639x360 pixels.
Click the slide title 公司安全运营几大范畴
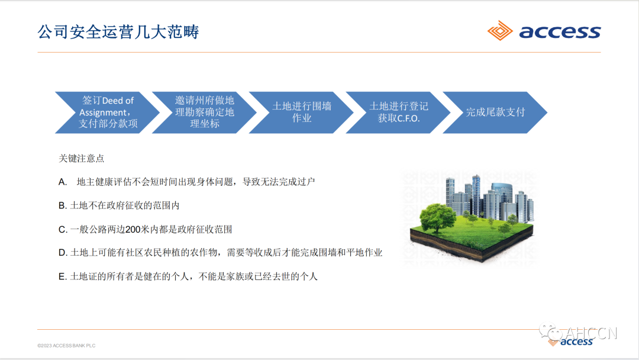click(x=118, y=31)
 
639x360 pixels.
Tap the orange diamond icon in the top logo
click(x=500, y=31)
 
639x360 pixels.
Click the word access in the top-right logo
click(x=560, y=32)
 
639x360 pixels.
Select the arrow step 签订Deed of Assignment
click(x=106, y=112)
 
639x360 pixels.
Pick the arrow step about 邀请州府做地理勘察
click(x=204, y=112)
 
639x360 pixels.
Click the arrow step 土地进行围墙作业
click(x=301, y=112)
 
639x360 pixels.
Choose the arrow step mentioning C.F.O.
click(x=398, y=112)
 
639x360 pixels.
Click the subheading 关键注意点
click(x=82, y=159)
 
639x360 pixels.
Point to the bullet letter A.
click(x=62, y=182)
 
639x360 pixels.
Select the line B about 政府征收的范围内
click(x=118, y=205)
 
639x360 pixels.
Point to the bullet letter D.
click(x=62, y=253)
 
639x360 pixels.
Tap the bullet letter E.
click(x=62, y=277)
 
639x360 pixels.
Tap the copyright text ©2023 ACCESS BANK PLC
click(x=66, y=345)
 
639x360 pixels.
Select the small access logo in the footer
click(x=577, y=342)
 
